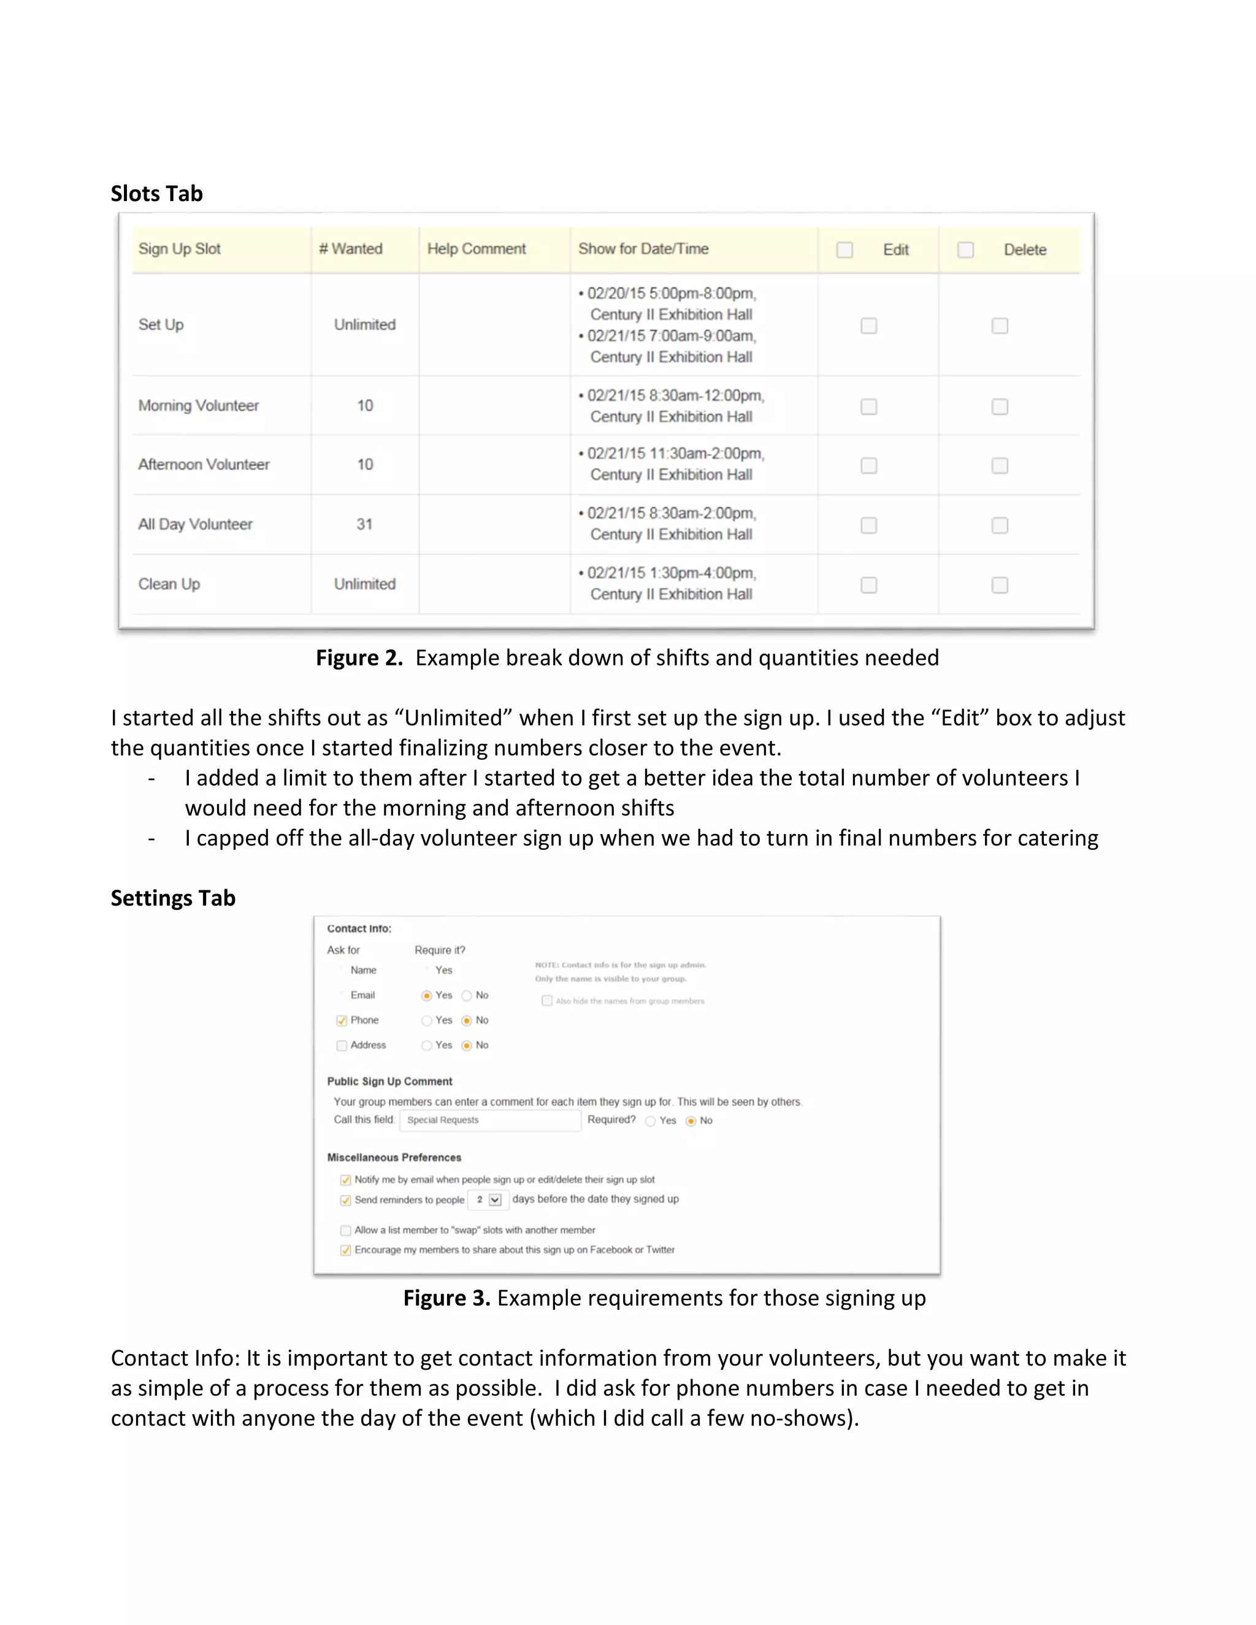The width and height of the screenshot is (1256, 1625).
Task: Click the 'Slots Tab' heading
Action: [x=156, y=193]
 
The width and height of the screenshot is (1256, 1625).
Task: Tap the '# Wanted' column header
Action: [x=350, y=248]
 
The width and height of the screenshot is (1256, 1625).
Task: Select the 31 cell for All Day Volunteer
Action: [x=365, y=524]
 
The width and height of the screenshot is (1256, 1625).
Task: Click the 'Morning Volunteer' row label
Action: [x=199, y=405]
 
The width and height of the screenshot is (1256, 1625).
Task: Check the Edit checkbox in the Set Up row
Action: [x=868, y=326]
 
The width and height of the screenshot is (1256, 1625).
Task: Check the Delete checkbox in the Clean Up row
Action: [x=999, y=586]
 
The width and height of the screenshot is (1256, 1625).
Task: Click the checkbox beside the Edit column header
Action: [x=844, y=250]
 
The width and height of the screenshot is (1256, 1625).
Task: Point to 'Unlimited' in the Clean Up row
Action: [x=365, y=584]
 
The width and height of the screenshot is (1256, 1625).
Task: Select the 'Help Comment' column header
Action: [x=476, y=248]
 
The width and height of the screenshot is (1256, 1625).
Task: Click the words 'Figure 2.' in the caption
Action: [x=359, y=658]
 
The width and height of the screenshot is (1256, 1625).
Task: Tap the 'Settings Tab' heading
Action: [x=172, y=898]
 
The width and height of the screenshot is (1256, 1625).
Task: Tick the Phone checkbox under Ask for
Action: [x=342, y=1021]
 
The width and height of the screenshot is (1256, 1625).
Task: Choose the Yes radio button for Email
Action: [x=426, y=995]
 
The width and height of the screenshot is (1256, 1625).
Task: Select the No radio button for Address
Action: [x=467, y=1046]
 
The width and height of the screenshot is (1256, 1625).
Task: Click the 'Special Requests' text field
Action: [x=489, y=1120]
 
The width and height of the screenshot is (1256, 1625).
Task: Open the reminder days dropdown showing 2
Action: [x=495, y=1199]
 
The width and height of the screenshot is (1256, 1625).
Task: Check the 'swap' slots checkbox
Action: [x=345, y=1231]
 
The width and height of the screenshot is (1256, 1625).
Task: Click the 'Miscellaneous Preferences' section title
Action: [x=394, y=1158]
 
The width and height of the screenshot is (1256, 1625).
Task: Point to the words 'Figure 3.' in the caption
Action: [x=446, y=1298]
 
